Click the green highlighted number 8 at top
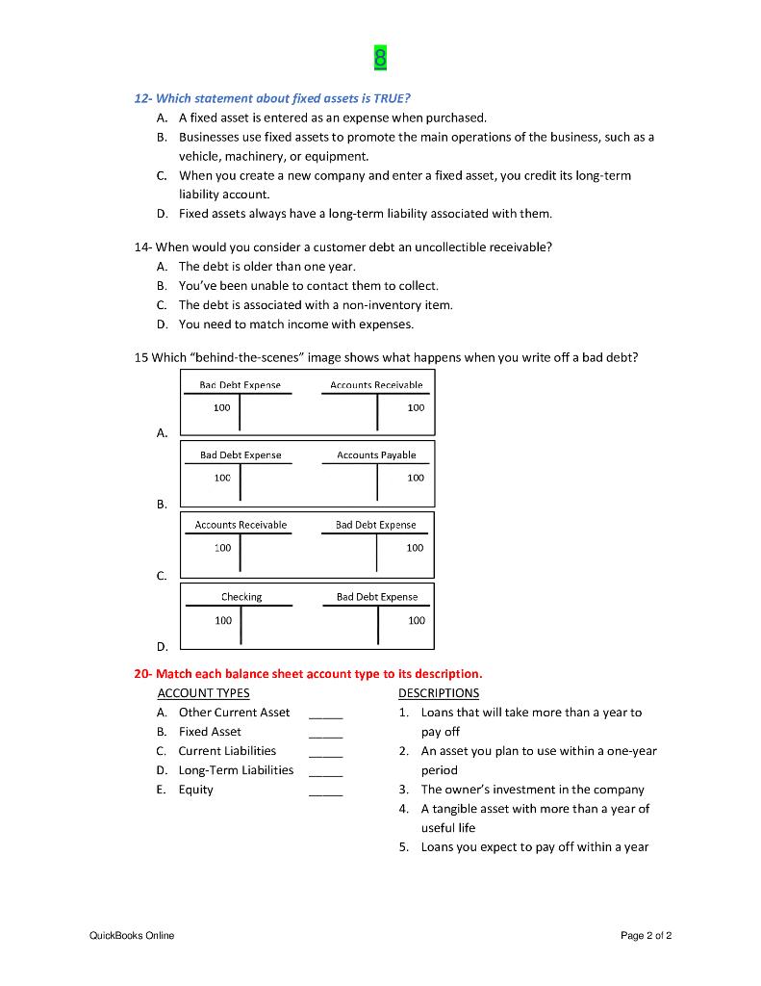[x=380, y=59]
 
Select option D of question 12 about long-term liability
[x=365, y=213]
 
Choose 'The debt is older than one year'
[x=266, y=266]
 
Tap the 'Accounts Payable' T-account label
[x=376, y=454]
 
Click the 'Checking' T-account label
[x=241, y=597]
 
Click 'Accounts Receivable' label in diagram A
[x=376, y=384]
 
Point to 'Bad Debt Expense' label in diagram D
[x=377, y=597]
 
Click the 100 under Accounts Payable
[x=415, y=478]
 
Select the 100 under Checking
[x=223, y=620]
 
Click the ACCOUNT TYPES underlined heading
[x=203, y=692]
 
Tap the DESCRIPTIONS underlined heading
[x=438, y=692]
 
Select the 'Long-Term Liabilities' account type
[x=236, y=769]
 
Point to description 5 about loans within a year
[x=534, y=846]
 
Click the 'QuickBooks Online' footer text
[x=132, y=935]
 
